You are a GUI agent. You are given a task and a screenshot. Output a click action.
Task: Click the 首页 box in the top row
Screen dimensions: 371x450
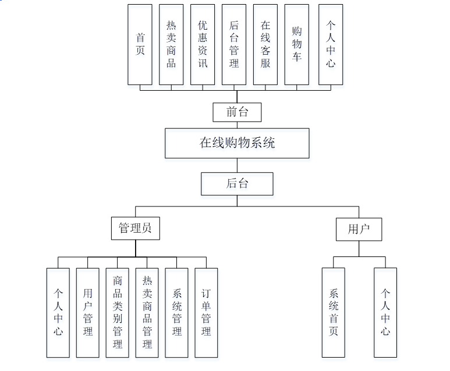coord(140,44)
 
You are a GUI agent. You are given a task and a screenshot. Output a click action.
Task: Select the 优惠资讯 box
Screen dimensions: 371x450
coord(203,44)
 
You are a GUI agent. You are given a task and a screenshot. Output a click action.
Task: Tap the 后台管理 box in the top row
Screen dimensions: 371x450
coord(234,44)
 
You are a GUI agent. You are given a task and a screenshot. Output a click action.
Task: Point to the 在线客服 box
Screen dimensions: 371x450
coord(265,44)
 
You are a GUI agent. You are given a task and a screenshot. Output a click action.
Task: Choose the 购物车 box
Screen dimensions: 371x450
coord(297,44)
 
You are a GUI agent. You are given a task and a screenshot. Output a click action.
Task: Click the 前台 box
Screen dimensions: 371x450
coord(237,112)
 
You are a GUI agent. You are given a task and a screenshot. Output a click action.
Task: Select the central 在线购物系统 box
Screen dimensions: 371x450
coord(237,143)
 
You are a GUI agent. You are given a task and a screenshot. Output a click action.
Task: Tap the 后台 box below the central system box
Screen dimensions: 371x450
coord(237,184)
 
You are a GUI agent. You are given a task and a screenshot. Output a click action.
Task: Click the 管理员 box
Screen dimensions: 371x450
coord(135,229)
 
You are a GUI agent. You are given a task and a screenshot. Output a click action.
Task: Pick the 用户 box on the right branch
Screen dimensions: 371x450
coord(359,229)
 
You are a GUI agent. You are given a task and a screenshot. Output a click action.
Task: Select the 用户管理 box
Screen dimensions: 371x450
coord(88,312)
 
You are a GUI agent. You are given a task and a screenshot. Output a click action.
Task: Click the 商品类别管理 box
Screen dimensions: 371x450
coord(118,312)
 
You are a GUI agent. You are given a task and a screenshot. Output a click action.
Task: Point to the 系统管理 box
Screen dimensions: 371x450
coord(177,312)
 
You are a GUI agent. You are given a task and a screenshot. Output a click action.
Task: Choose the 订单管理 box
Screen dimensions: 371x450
coord(206,312)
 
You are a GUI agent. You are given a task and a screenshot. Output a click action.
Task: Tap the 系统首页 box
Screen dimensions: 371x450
coord(334,312)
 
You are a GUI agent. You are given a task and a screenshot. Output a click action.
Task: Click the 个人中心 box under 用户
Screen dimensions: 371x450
coord(385,312)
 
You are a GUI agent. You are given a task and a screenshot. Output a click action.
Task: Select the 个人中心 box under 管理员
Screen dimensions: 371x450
coord(58,312)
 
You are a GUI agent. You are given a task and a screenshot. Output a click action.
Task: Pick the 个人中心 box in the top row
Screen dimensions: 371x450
coord(331,44)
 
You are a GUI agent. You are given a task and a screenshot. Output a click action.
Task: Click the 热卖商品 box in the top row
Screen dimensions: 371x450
coord(171,44)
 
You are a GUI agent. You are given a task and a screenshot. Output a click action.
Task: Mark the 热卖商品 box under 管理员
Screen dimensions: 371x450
coord(147,312)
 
